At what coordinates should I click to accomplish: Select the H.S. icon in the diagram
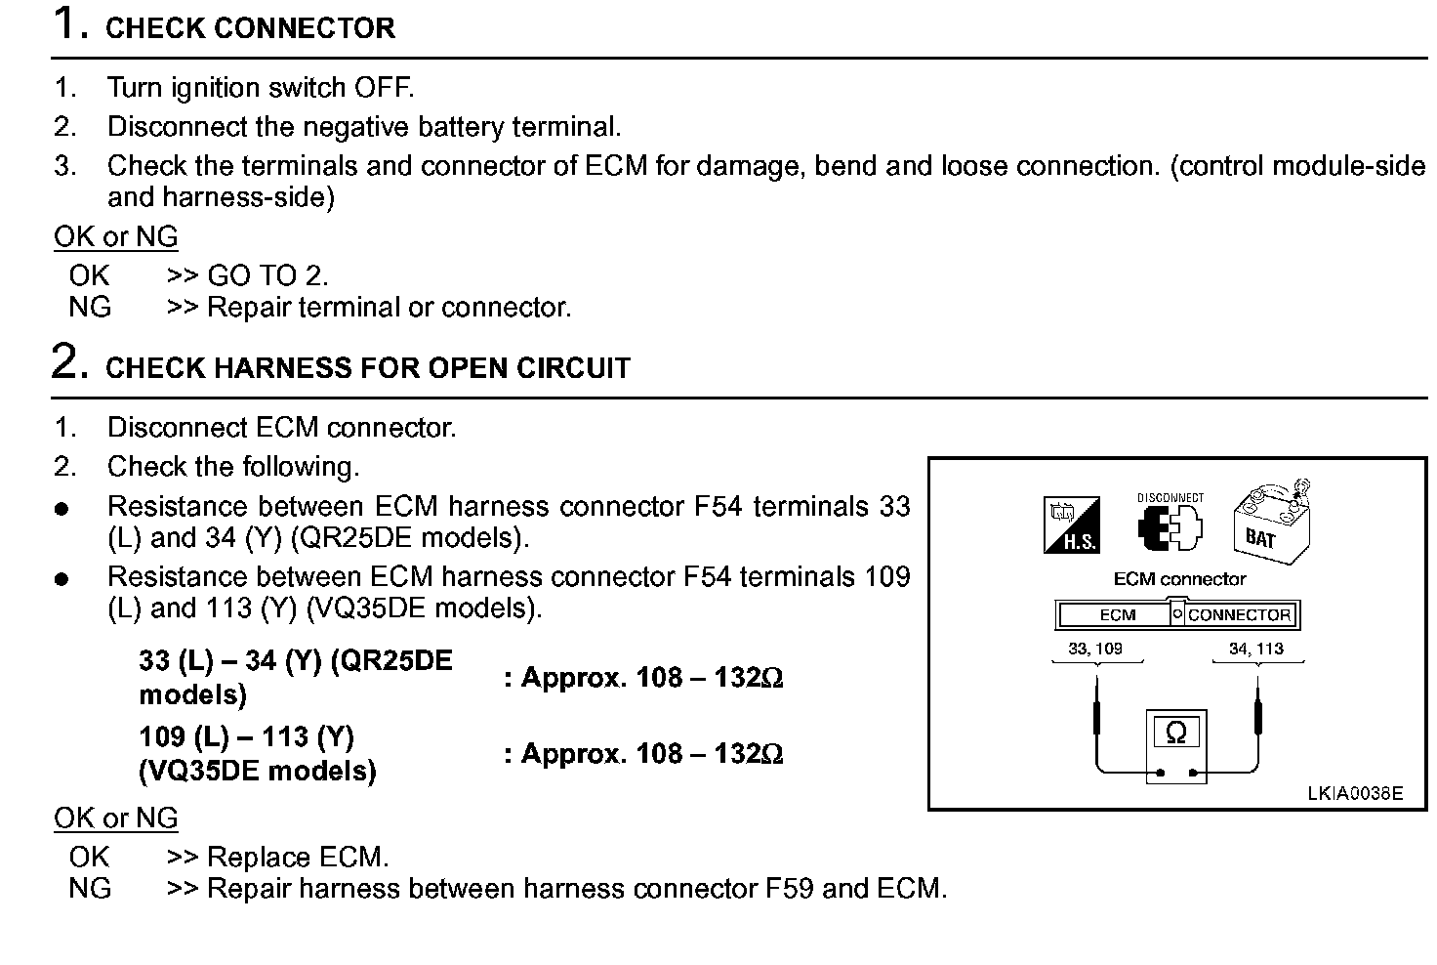coord(1072,524)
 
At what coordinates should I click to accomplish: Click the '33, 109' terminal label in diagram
coord(1095,648)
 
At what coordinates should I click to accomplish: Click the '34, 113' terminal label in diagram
coord(1256,648)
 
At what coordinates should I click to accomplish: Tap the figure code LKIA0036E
coord(1355,793)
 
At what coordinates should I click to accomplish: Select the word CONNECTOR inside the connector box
coord(1239,615)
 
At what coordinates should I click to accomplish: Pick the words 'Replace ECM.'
coord(298,858)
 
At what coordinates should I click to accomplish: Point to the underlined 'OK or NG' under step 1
coord(115,237)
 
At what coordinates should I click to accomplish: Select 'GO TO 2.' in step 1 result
coord(268,275)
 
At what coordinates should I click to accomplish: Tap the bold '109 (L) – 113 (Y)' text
coord(246,736)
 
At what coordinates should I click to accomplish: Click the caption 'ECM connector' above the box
coord(1179,579)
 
